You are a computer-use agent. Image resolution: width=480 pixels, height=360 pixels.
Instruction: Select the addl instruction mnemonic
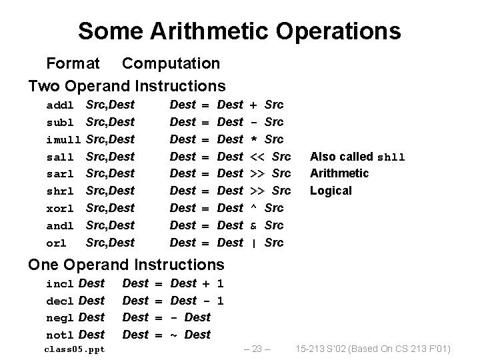tap(60, 105)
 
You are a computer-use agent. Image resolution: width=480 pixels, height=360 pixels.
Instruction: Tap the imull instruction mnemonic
tap(63, 140)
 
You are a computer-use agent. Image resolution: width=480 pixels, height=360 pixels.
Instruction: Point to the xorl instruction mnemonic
tap(60, 209)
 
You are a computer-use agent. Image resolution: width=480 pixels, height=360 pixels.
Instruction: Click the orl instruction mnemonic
tap(57, 243)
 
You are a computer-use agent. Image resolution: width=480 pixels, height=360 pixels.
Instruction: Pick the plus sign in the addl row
tap(253, 105)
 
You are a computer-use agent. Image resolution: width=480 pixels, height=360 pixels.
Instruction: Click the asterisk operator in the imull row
tap(253, 140)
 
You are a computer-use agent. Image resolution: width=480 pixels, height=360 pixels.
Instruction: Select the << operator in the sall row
tap(257, 157)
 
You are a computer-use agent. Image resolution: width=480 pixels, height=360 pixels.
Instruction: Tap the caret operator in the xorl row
tap(253, 208)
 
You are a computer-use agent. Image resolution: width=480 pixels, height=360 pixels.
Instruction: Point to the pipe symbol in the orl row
tap(253, 243)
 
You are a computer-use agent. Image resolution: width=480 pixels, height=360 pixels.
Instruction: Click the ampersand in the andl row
tap(253, 225)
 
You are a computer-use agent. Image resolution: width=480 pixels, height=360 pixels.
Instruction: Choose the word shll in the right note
tap(391, 157)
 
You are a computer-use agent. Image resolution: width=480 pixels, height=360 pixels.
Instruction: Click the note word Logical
tap(331, 191)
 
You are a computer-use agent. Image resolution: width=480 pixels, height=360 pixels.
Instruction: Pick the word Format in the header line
tap(72, 63)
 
